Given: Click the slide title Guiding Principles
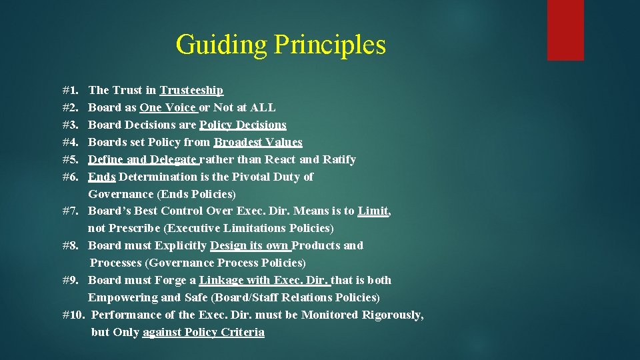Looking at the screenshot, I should coord(281,45).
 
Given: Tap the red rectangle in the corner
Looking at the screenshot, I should coord(565,30).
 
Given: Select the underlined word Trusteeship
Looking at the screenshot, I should coord(191,90).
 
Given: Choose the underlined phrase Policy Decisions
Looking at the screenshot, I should coord(243,125).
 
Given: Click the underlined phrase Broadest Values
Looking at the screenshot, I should coord(258,142).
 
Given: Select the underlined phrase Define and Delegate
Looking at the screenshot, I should coord(143,159).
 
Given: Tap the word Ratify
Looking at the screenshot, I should coord(339,159).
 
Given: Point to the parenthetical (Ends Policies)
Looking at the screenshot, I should coord(196,194).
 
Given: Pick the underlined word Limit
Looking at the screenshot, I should coord(373,211).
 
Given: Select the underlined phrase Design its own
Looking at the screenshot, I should coord(249,245).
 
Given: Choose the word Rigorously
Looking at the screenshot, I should coord(392,315).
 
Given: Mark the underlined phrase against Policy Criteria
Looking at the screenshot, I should coord(203,332).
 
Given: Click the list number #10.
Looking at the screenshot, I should coord(73,315).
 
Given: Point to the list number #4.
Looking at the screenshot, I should coord(71,142).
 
